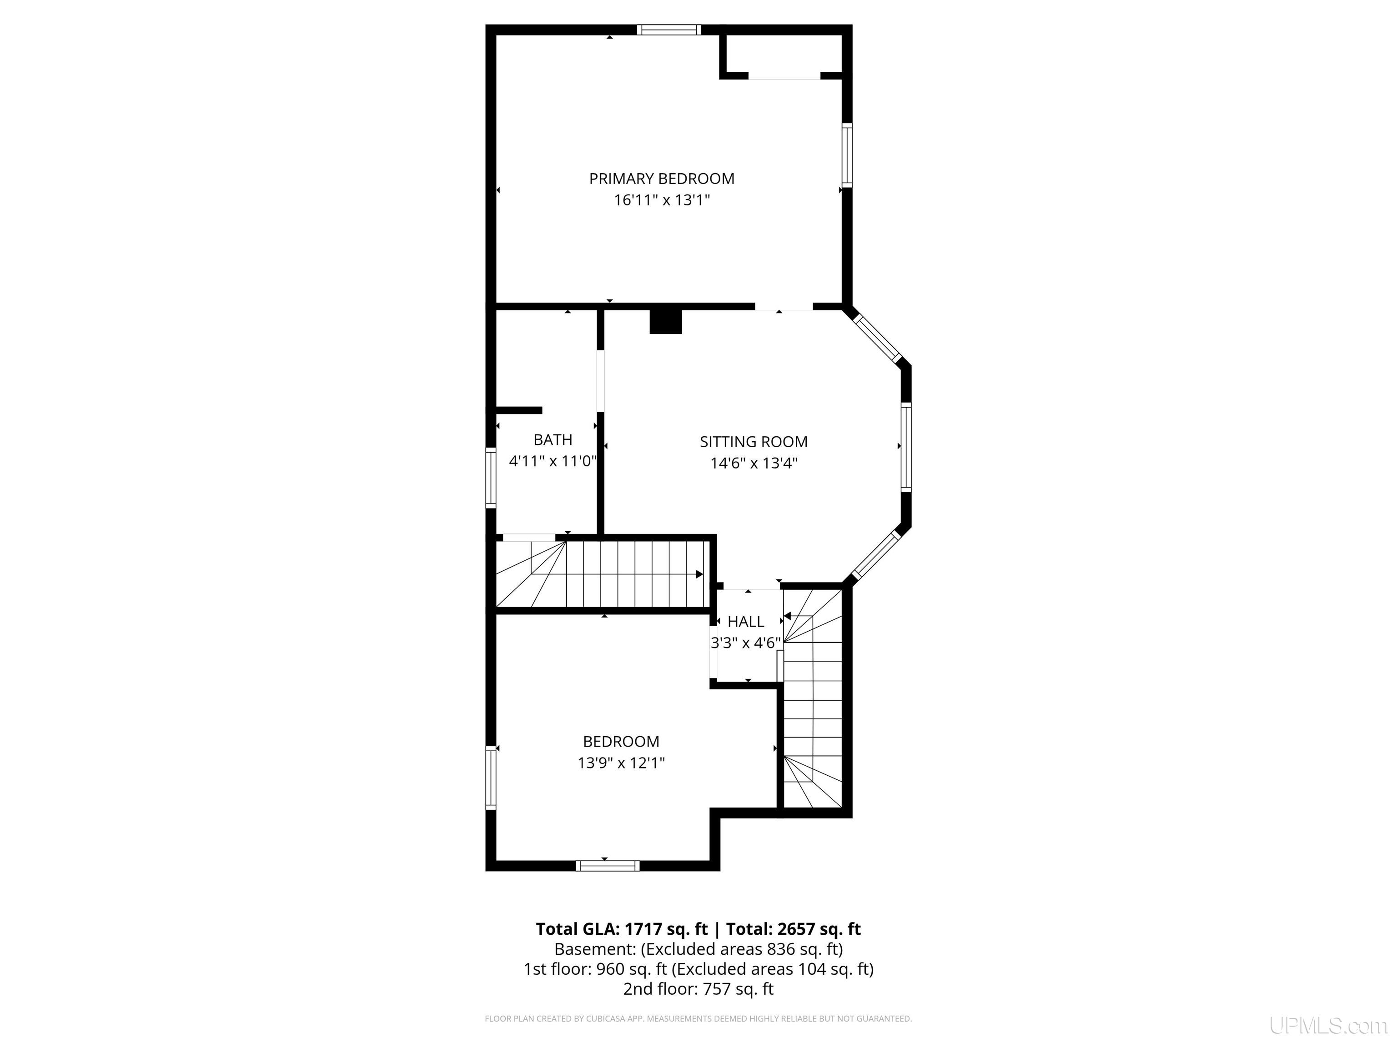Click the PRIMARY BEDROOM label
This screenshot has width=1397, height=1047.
click(662, 179)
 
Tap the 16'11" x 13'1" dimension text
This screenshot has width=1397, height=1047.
click(662, 200)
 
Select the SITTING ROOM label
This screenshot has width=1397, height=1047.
click(754, 442)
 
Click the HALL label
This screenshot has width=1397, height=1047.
click(746, 622)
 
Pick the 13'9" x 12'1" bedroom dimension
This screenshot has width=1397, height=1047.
click(622, 763)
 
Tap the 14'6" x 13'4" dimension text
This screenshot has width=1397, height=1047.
click(754, 463)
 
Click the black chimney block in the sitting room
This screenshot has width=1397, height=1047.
click(666, 321)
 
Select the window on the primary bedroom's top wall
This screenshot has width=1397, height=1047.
click(669, 30)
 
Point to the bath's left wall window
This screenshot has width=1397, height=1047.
click(491, 478)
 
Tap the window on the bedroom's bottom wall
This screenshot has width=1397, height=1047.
click(608, 866)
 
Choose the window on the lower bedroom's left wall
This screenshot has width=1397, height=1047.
click(491, 778)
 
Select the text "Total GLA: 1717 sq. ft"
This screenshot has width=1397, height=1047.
click(622, 929)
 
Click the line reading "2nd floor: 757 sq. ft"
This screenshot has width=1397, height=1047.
click(698, 989)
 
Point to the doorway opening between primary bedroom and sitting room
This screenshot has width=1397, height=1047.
click(784, 307)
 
